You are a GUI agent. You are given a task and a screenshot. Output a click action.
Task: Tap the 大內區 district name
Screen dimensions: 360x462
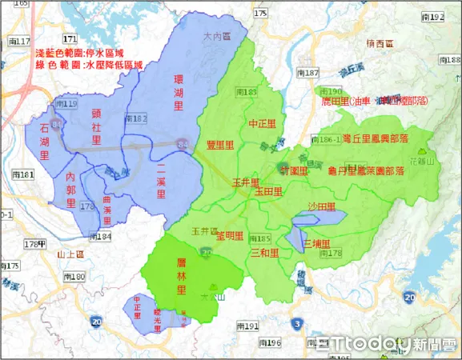[215, 37]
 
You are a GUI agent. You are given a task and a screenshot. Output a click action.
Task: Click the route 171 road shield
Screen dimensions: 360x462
[70, 38]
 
